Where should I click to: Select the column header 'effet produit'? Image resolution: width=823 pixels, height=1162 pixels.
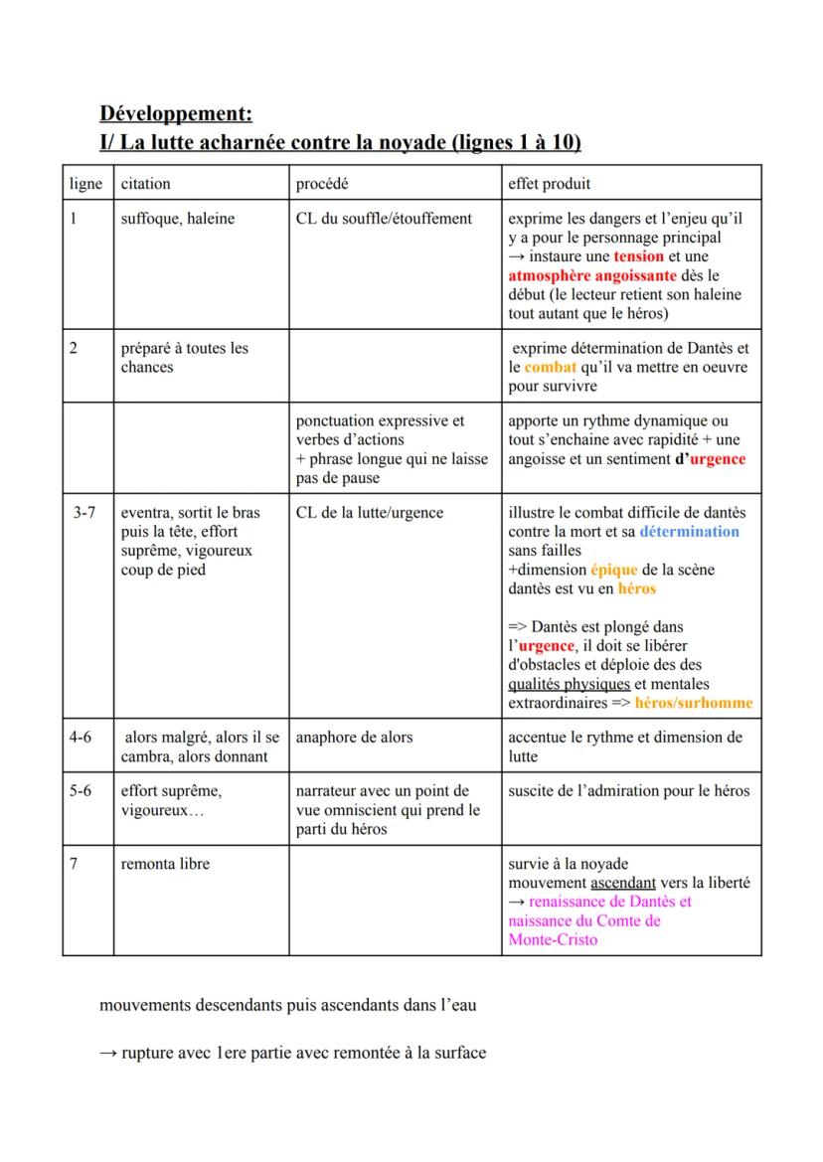[x=550, y=184]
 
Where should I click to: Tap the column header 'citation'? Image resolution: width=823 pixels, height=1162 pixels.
[x=145, y=184]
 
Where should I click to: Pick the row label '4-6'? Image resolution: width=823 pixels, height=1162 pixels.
[x=81, y=738]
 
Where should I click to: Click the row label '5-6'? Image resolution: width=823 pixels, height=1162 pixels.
[x=81, y=791]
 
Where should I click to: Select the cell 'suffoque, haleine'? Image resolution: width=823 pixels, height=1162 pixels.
[x=178, y=219]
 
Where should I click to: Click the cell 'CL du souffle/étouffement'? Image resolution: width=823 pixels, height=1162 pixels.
[x=384, y=219]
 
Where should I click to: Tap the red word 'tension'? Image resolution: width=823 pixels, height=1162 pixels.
[x=638, y=256]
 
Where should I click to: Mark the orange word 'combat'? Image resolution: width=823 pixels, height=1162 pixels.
[x=550, y=367]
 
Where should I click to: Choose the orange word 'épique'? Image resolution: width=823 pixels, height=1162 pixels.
[x=613, y=570]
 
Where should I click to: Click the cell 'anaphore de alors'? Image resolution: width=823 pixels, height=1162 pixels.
[x=355, y=738]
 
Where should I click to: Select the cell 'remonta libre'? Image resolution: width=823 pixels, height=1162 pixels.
[x=165, y=864]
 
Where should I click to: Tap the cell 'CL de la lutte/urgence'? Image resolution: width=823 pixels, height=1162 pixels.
[x=370, y=513]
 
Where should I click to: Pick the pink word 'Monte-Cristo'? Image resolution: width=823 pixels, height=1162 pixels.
[x=553, y=939]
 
